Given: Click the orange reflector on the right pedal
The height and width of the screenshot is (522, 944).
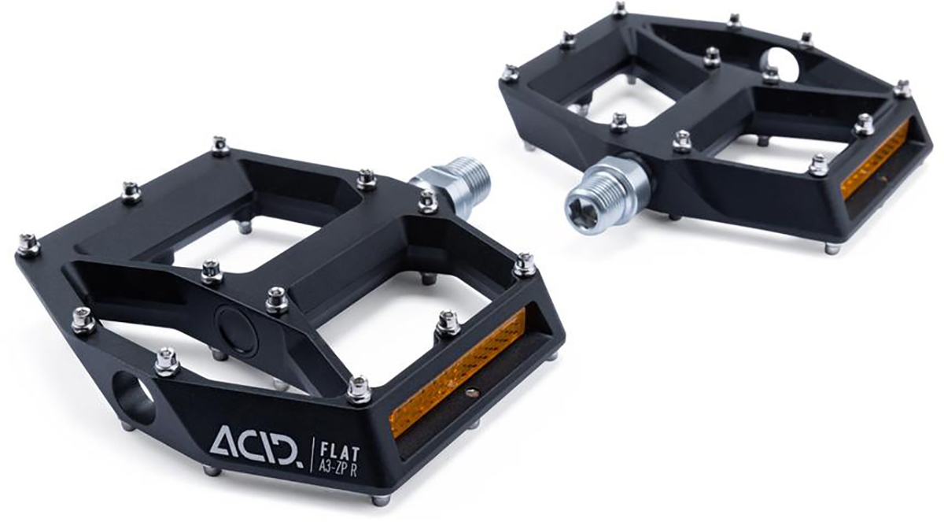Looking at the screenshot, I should pos(875,162).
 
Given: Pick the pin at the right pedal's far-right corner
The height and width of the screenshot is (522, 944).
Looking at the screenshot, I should pos(903,87).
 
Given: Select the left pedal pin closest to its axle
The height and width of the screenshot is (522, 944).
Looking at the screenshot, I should pos(427,201).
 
